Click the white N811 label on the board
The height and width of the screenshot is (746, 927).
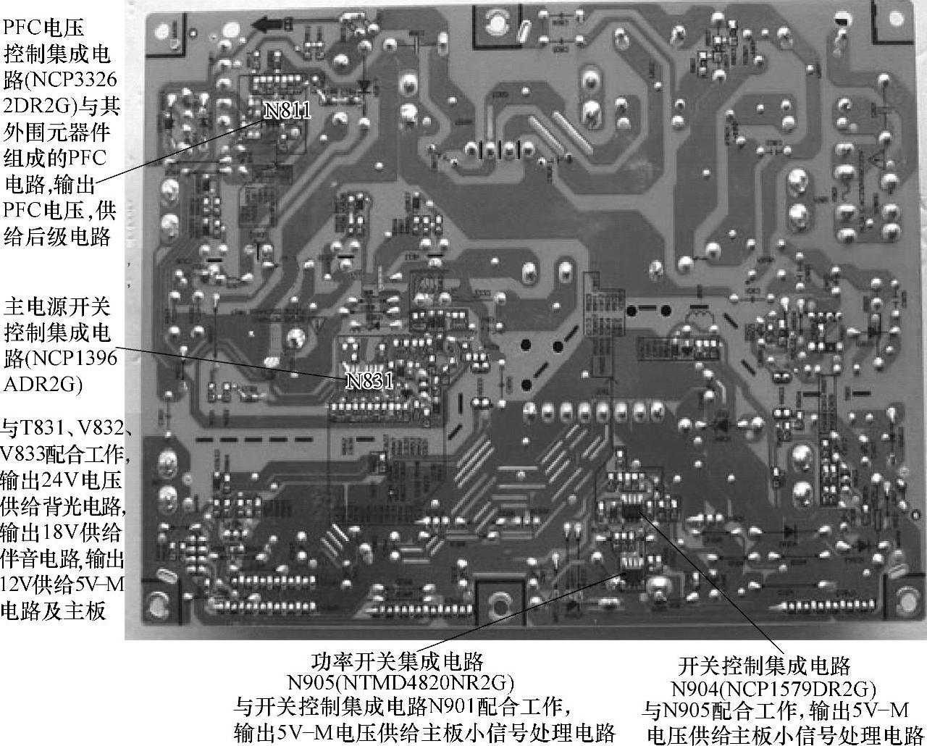[x=288, y=110]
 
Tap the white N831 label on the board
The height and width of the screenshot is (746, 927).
[x=369, y=381]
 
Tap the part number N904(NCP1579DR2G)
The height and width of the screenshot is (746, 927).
[x=773, y=687]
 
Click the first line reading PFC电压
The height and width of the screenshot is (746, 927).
[x=44, y=28]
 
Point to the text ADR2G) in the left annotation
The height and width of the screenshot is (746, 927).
[x=43, y=385]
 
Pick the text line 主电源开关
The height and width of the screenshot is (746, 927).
[x=57, y=307]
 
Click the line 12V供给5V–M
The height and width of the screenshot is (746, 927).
[x=63, y=585]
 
